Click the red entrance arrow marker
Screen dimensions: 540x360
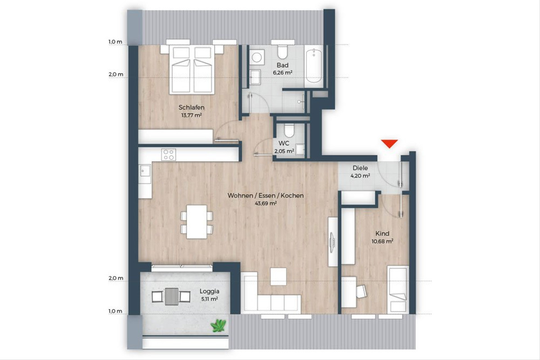point(389,144)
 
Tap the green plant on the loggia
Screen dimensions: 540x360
point(218,325)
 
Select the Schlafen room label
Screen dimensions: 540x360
point(191,107)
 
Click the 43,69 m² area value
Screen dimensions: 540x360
point(265,203)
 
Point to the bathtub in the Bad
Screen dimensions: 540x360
point(314,66)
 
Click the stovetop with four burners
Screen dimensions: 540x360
point(169,154)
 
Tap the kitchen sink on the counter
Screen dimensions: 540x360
point(144,171)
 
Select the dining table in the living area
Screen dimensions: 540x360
point(197,222)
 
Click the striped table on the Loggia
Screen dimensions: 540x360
point(171,297)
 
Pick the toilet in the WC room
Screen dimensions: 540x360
point(289,130)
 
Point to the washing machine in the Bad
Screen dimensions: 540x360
point(257,58)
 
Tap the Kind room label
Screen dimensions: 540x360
point(382,234)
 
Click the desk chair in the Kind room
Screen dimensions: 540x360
point(361,292)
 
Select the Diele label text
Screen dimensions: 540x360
point(360,168)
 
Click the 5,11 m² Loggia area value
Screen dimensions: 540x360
point(210,299)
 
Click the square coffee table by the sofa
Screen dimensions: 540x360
point(278,277)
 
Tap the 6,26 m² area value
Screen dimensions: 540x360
point(283,72)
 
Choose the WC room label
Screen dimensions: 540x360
point(284,143)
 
